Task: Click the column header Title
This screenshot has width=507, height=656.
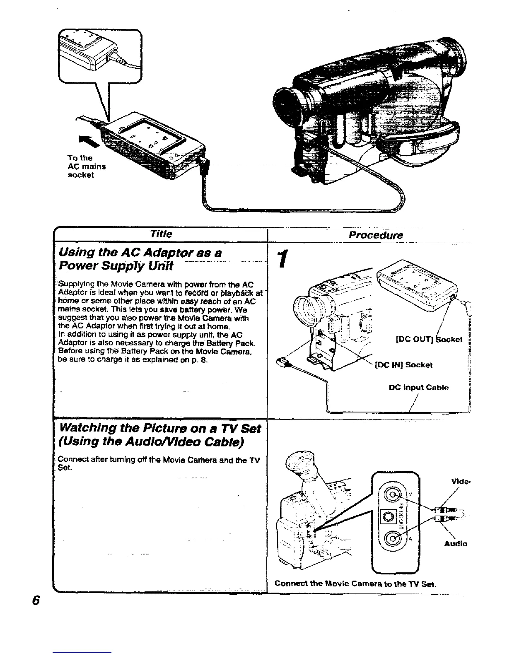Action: (x=162, y=234)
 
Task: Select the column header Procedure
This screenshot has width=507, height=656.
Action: (x=375, y=235)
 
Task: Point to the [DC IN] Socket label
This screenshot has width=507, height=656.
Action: (x=403, y=365)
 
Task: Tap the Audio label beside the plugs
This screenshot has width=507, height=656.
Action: (x=456, y=544)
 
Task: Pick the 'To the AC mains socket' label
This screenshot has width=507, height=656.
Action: (x=86, y=166)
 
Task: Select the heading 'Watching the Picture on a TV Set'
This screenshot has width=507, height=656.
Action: (x=160, y=428)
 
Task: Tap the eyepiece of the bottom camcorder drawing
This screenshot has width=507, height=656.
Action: (x=297, y=461)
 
